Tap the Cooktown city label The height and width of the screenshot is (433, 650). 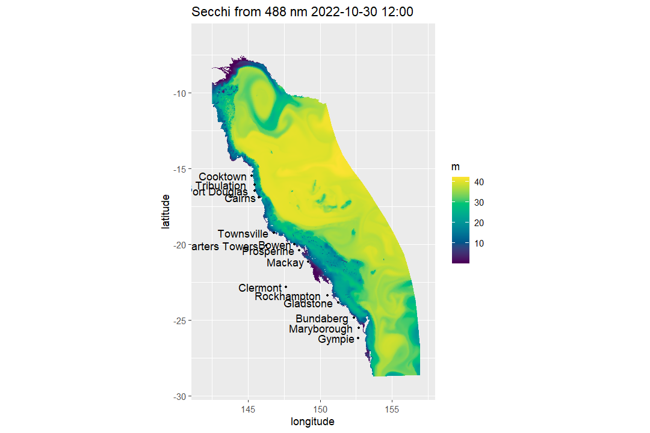[223, 177]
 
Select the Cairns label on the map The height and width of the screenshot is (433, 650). [240, 198]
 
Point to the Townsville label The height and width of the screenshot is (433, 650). [243, 234]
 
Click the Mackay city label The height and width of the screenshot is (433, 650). [285, 263]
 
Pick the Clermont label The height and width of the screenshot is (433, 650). [260, 288]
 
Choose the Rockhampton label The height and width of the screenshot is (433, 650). [288, 296]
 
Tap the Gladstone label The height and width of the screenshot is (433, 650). [308, 304]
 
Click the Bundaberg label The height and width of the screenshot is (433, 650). [321, 319]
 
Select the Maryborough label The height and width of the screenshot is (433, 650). [321, 329]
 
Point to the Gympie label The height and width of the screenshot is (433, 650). [336, 340]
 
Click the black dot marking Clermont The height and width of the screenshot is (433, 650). [286, 287]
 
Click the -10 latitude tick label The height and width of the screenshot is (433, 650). [179, 93]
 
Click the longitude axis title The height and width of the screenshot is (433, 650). [312, 422]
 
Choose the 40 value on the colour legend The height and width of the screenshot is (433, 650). [480, 182]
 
